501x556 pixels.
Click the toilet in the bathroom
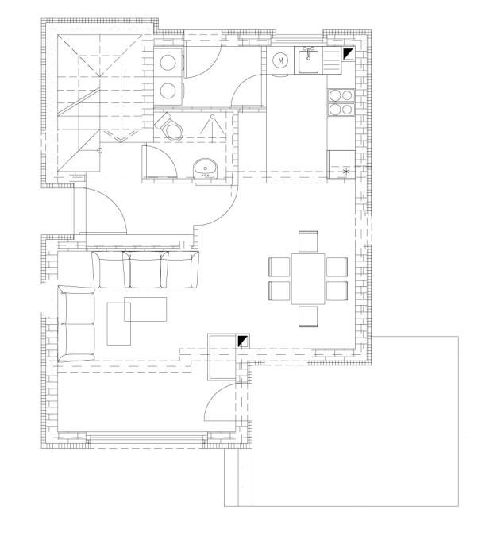[x=169, y=127]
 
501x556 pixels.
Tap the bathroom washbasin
[x=206, y=168]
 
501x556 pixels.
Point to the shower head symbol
[x=212, y=125]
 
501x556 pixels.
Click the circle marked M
[x=280, y=60]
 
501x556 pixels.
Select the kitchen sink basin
[x=308, y=61]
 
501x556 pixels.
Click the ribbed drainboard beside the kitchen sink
[x=332, y=61]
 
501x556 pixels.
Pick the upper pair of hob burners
[x=341, y=95]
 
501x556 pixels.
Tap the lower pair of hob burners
[x=341, y=110]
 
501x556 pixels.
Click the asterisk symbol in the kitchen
[x=346, y=172]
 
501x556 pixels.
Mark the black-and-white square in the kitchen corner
[x=348, y=54]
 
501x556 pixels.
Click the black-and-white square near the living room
[x=243, y=341]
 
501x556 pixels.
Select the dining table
[x=308, y=279]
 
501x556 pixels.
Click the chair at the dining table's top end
[x=308, y=241]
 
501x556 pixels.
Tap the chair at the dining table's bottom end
[x=308, y=316]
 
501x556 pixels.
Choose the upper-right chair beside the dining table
[x=337, y=267]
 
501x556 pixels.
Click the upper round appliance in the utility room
[x=168, y=63]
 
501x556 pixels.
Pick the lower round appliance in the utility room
[x=168, y=91]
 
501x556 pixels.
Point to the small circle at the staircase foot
[x=100, y=150]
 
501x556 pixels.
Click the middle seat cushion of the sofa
[x=145, y=269]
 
